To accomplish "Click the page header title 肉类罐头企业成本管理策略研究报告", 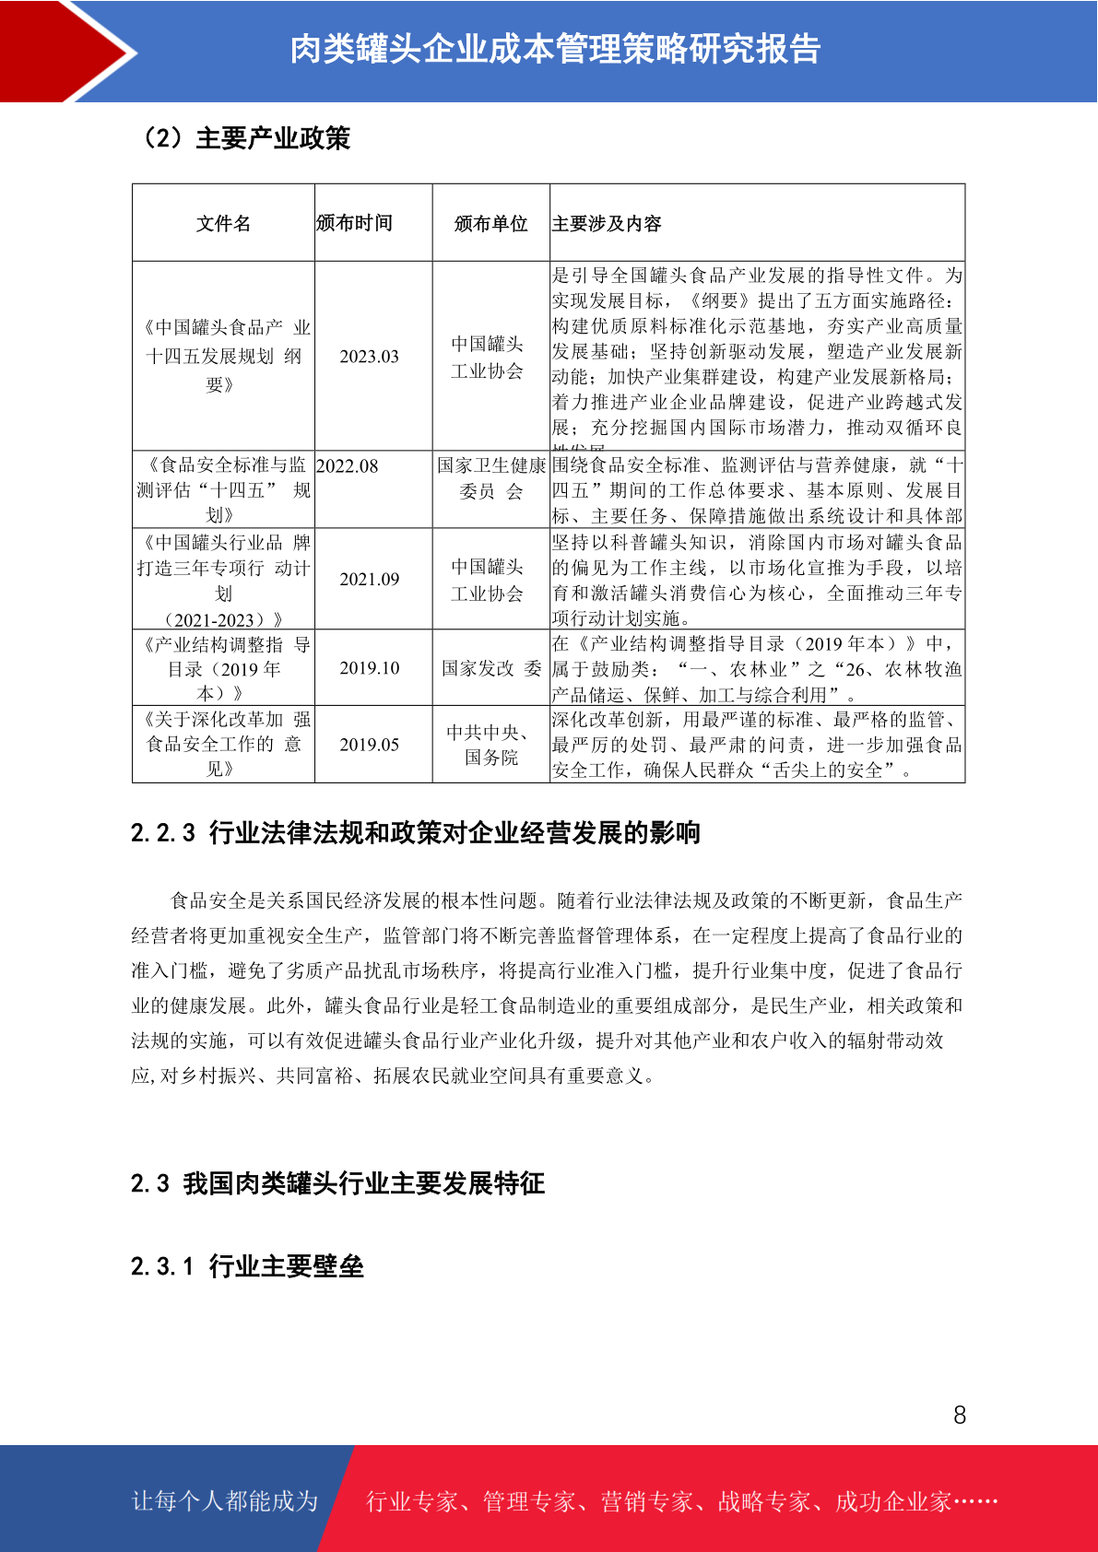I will click(x=555, y=50).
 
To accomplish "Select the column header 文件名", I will click(x=223, y=224).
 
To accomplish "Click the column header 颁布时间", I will click(x=354, y=223).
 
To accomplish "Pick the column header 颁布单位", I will click(x=490, y=224).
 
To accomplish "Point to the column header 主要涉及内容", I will click(x=607, y=224).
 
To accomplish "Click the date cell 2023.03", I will click(x=369, y=357).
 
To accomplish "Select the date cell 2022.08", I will click(x=348, y=466).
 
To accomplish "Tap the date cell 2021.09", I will click(x=369, y=580).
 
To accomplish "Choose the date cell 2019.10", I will click(x=369, y=668).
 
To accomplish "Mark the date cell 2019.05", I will click(x=369, y=745).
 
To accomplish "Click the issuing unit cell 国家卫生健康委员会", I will click(x=490, y=478).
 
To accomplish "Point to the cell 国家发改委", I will click(x=490, y=668).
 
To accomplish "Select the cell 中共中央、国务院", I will click(x=490, y=745).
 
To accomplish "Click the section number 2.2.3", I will click(x=163, y=833).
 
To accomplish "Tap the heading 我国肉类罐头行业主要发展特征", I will click(x=363, y=1183).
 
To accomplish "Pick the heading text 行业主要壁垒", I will click(x=286, y=1266).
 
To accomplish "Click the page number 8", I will click(x=960, y=1416).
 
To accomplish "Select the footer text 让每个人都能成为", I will click(x=225, y=1501).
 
